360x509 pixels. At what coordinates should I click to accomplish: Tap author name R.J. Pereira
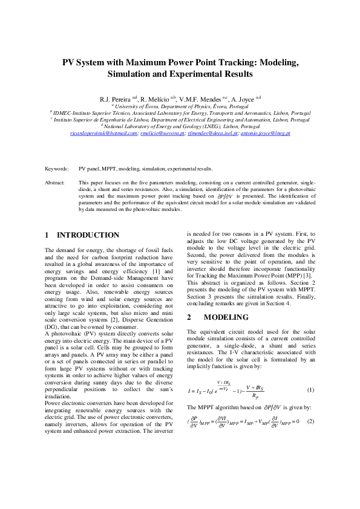tap(114, 98)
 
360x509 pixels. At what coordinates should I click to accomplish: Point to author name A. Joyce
tap(243, 98)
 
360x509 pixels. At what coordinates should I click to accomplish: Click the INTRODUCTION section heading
tap(88, 235)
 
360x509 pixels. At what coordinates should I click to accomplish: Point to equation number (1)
tap(311, 390)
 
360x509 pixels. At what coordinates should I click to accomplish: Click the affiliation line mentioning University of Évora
tap(180, 105)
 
